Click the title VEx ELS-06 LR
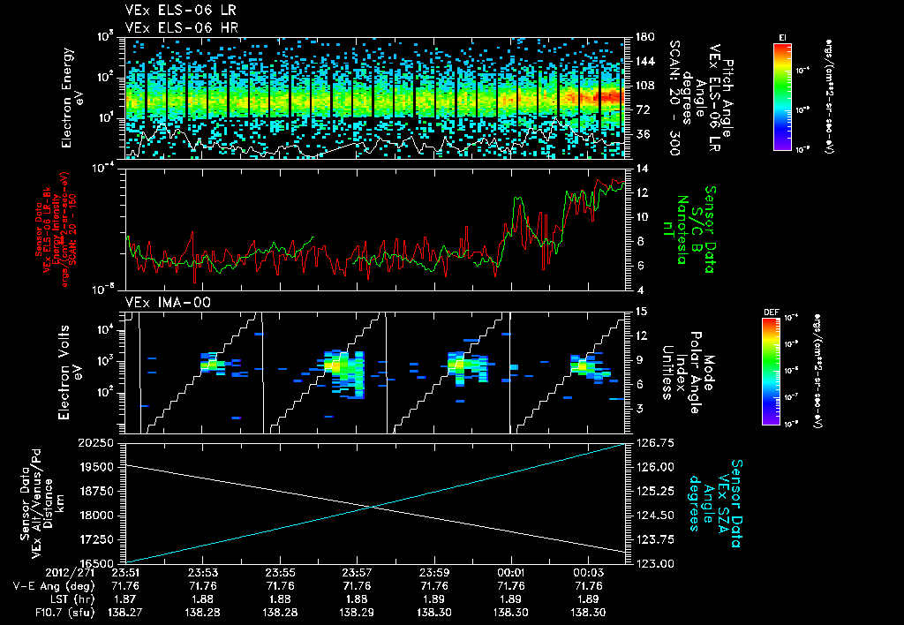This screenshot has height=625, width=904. [172, 11]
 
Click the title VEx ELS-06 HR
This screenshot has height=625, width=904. [172, 26]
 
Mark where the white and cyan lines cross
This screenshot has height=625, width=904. [377, 506]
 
